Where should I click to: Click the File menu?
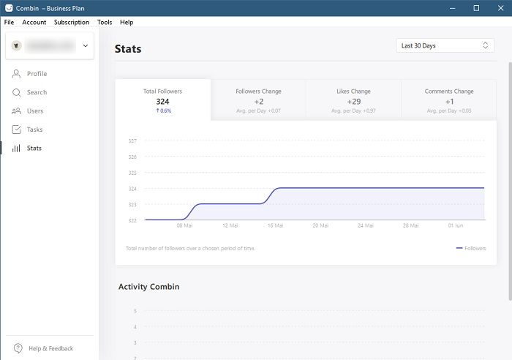pos(9,23)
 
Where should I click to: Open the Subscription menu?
pos(72,23)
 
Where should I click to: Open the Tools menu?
pos(105,23)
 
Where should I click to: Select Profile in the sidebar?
pos(37,74)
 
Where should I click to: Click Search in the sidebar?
pos(37,93)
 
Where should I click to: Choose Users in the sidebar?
pos(35,111)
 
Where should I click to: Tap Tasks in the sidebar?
pos(34,130)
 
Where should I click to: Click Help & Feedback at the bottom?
pos(50,348)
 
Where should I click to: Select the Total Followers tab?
pos(162,100)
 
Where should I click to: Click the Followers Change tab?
pos(258,100)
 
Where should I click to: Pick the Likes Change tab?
pos(353,100)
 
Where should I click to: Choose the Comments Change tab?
pos(449,100)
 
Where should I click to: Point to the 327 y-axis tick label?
pos(132,140)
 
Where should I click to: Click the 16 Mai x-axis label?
pos(275,225)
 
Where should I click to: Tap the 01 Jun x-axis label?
pos(456,225)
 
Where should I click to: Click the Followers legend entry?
pos(471,248)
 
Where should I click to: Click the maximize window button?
pos(476,7)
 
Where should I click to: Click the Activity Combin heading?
pos(148,287)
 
